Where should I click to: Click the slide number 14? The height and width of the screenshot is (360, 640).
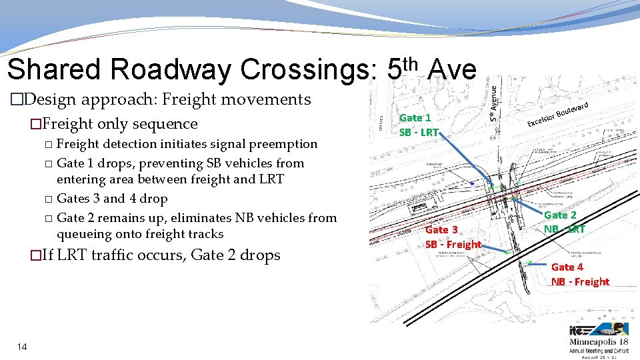pyautogui.click(x=22, y=347)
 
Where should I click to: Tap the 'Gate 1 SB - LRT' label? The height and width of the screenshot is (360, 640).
pyautogui.click(x=419, y=125)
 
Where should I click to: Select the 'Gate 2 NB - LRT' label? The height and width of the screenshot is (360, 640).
pyautogui.click(x=564, y=222)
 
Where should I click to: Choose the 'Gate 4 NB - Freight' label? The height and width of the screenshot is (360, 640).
pyautogui.click(x=580, y=274)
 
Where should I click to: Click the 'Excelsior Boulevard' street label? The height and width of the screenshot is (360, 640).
pyautogui.click(x=557, y=114)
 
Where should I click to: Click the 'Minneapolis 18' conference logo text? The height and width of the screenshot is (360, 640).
pyautogui.click(x=599, y=341)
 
